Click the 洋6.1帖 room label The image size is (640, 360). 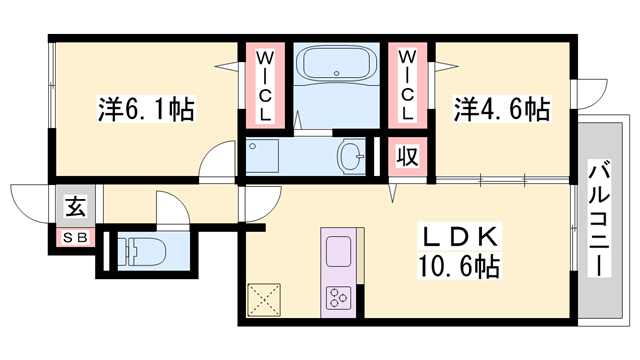pos(146,106)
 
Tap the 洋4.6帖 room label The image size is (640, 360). pos(502,108)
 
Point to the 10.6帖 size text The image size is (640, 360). pos(459,267)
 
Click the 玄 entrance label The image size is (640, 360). pos(74,208)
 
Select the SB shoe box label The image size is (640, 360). pos(74,239)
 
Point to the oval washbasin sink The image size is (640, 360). pos(351,157)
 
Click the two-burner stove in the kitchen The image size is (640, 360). pos(337,297)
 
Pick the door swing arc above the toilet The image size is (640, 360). pos(169,209)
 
